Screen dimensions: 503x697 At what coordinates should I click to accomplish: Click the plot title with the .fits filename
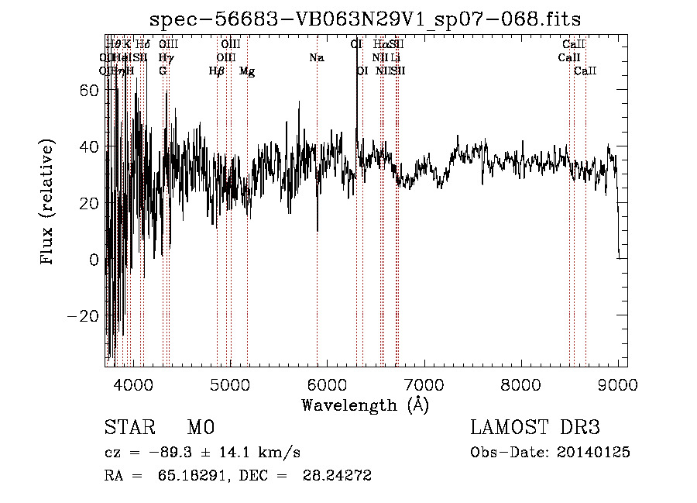pyautogui.click(x=365, y=19)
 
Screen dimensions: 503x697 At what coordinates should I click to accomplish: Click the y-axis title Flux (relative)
pyautogui.click(x=48, y=202)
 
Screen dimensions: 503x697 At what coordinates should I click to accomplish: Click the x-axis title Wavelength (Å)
pyautogui.click(x=365, y=405)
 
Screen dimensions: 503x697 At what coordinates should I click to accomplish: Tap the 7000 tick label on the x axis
pyautogui.click(x=424, y=384)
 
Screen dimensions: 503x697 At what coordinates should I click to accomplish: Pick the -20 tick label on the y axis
pyautogui.click(x=84, y=316)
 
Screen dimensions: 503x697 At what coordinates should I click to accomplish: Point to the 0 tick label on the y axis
pyautogui.click(x=94, y=260)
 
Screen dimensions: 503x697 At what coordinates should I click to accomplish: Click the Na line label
pyautogui.click(x=316, y=57)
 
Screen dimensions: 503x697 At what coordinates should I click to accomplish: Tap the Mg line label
pyautogui.click(x=247, y=71)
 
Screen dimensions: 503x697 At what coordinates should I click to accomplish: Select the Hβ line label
pyautogui.click(x=217, y=71)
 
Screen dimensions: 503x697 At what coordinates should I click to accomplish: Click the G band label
pyautogui.click(x=163, y=71)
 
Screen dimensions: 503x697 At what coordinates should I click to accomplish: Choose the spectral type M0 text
pyautogui.click(x=201, y=428)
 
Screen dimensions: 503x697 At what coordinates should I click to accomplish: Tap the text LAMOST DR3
pyautogui.click(x=535, y=428)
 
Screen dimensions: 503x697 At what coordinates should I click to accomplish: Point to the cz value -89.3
pyautogui.click(x=159, y=453)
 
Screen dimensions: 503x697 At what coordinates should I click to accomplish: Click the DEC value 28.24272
pyautogui.click(x=338, y=476)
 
